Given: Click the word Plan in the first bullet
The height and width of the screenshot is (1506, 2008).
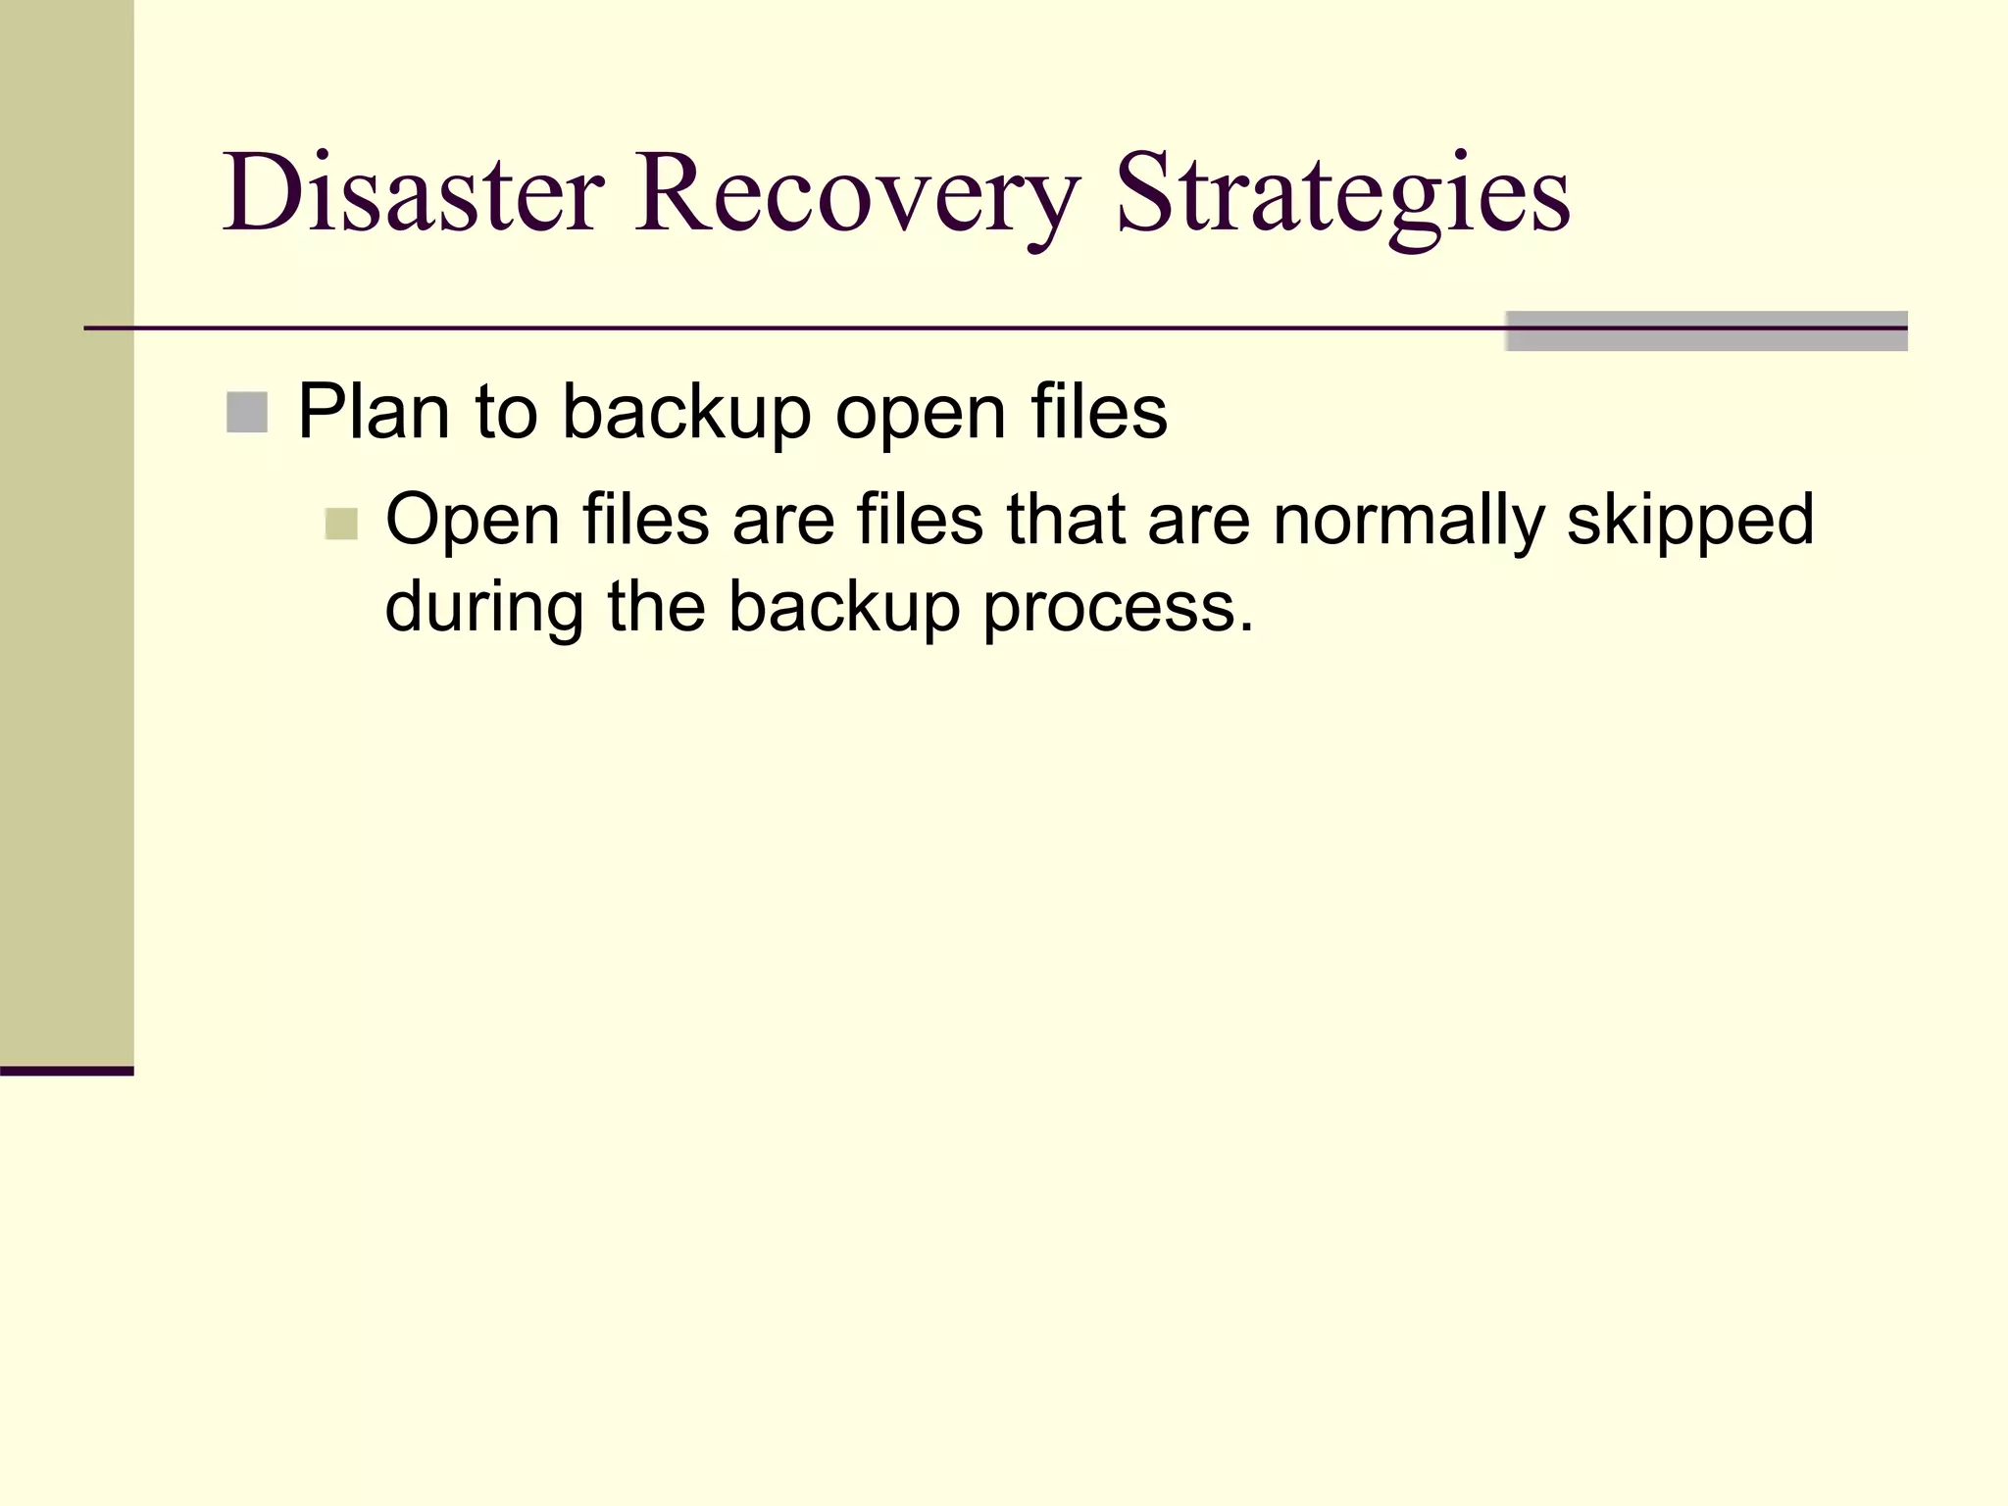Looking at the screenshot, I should (x=374, y=412).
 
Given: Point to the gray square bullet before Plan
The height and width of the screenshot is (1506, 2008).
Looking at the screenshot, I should (x=247, y=412).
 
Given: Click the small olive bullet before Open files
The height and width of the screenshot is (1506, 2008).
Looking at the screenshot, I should (x=341, y=524).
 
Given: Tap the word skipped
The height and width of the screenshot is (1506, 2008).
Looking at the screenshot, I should (x=1690, y=520).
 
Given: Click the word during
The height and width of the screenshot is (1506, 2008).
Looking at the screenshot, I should (x=484, y=607).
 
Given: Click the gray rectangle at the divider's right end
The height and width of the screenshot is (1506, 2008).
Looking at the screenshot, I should (x=1706, y=331).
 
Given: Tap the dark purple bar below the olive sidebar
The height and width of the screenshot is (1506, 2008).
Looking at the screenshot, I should (x=67, y=1071).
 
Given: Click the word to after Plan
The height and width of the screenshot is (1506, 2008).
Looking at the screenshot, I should (x=506, y=412).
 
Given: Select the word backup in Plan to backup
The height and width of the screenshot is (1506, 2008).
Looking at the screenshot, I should (x=686, y=412).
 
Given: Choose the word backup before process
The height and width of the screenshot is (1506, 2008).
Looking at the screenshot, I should (x=843, y=607).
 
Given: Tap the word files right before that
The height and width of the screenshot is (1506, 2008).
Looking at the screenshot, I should (x=920, y=520).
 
